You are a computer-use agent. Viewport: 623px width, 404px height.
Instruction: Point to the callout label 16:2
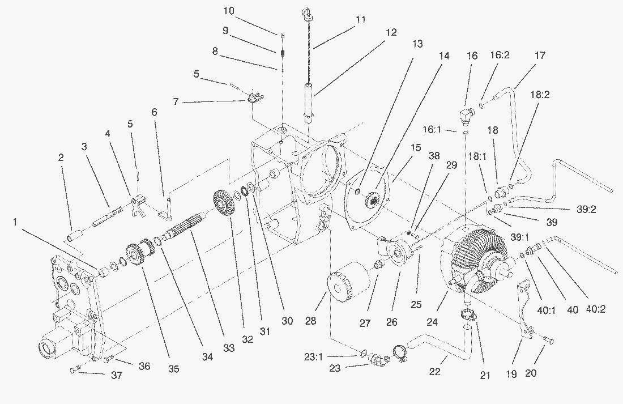point(499,57)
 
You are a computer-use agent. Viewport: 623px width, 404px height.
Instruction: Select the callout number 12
point(391,33)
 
